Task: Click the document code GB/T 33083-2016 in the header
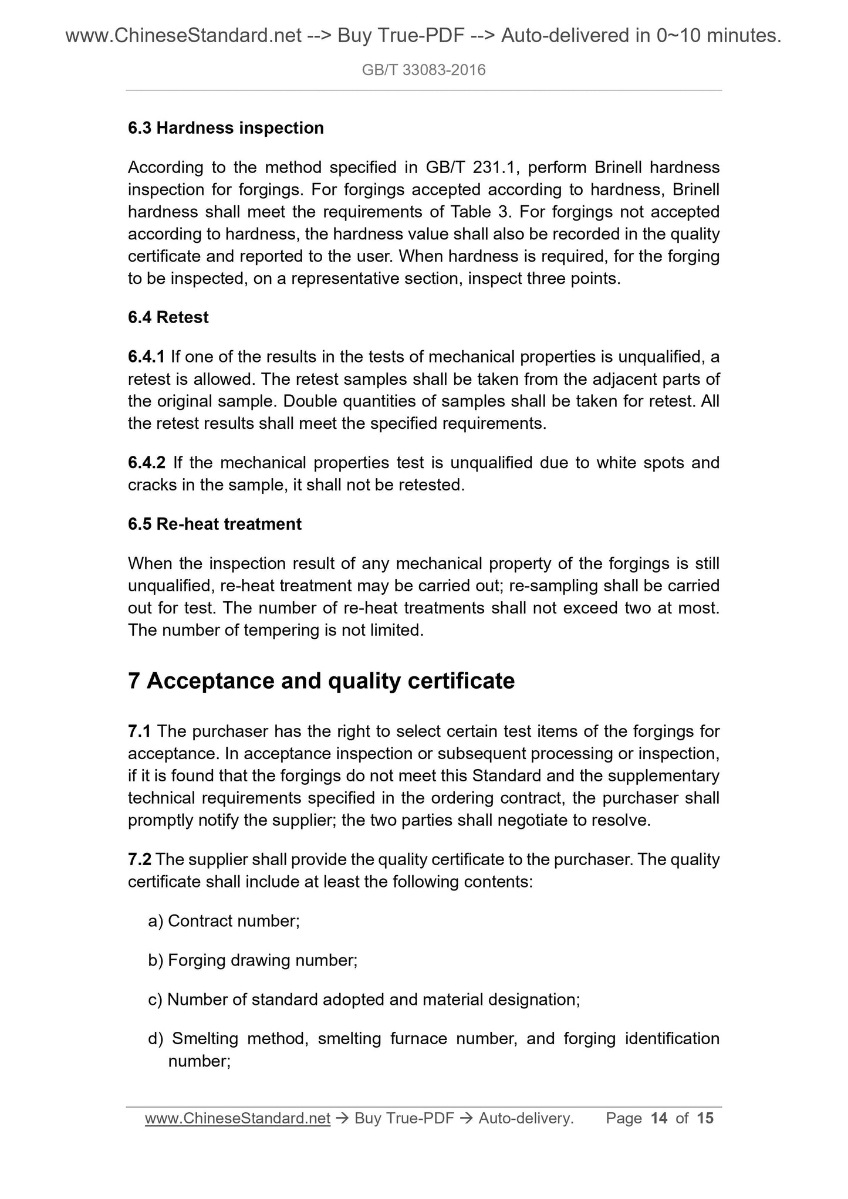point(424,71)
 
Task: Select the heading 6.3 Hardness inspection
point(225,128)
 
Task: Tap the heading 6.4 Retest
point(168,317)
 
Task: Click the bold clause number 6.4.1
point(146,357)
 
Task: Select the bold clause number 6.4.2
point(147,463)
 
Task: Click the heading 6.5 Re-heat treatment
point(214,524)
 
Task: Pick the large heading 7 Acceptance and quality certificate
point(321,680)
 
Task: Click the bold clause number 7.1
point(140,731)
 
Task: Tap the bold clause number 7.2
point(140,859)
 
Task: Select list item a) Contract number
point(224,921)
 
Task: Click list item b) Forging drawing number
point(253,960)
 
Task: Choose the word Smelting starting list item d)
point(205,1039)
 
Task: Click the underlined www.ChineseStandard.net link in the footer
point(238,1119)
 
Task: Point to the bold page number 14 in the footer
point(659,1119)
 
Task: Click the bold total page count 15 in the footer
point(705,1119)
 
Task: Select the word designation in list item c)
point(532,1000)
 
